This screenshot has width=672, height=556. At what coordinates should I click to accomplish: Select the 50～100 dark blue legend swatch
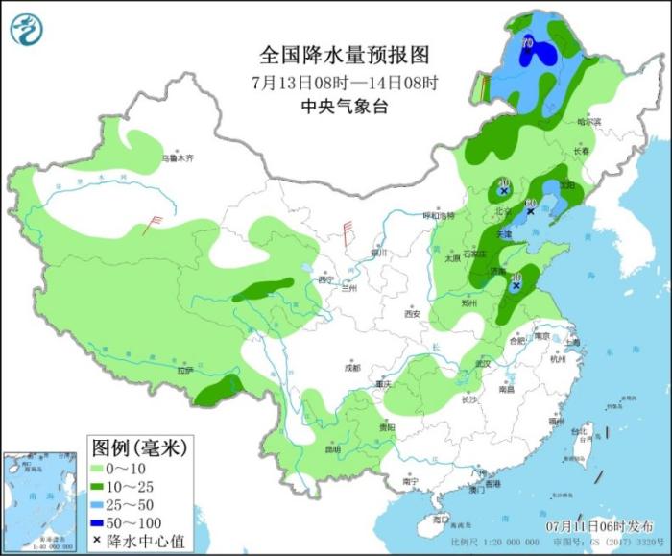tap(99, 520)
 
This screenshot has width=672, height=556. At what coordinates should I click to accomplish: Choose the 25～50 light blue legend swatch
tap(99, 502)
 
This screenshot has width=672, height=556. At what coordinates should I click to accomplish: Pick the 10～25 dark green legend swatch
tap(99, 485)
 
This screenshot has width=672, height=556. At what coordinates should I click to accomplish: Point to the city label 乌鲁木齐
tap(177, 157)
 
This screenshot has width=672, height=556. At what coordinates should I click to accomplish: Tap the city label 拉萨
tap(186, 370)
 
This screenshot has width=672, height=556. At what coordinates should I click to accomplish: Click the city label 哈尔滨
tap(588, 122)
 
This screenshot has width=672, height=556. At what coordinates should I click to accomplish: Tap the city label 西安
tap(412, 314)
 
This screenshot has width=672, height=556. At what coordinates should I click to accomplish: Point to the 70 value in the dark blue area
tap(527, 43)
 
